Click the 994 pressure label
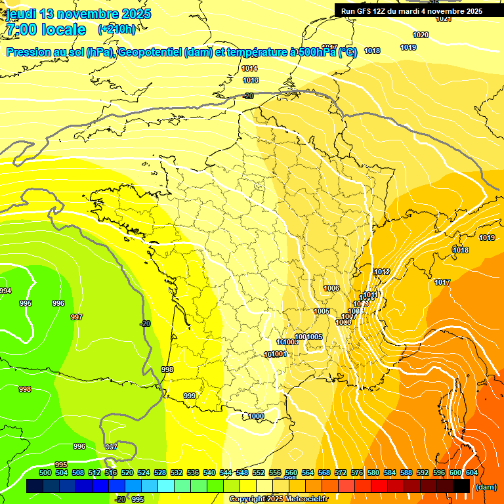coord(5,291)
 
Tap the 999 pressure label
coord(190,396)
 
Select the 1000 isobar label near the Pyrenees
coord(256,417)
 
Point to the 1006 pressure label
coord(331,289)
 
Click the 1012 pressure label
coord(382,272)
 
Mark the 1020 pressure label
coord(421,35)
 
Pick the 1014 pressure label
coord(249,68)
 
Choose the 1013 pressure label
coord(250,80)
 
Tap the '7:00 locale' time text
coord(46,30)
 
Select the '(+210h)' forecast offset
coord(117,30)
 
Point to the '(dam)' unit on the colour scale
coord(486,487)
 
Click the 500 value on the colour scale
coord(45,472)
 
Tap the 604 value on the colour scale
coord(471,472)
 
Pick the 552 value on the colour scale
coord(259,472)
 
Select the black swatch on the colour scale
coord(461,486)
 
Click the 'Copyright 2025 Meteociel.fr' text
coord(278,499)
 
